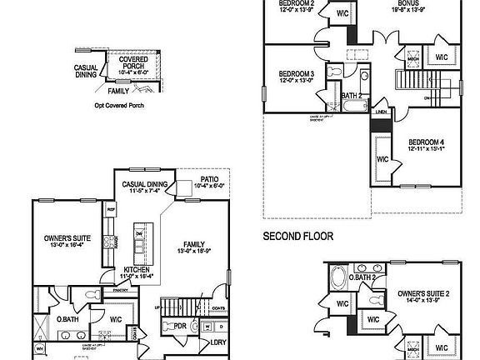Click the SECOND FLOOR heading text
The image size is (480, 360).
click(x=298, y=237)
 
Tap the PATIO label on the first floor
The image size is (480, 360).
click(x=210, y=179)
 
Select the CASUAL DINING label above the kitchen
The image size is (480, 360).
click(x=145, y=184)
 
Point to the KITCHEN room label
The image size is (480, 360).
click(x=137, y=270)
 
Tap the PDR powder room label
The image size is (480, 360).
click(x=179, y=326)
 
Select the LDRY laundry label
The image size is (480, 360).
click(x=218, y=342)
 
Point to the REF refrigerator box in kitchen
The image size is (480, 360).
click(x=110, y=210)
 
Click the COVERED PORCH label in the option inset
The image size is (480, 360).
click(x=133, y=61)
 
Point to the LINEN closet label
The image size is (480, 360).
click(x=380, y=111)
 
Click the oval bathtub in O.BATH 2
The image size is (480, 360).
click(x=338, y=277)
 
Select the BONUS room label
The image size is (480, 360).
click(x=407, y=2)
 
